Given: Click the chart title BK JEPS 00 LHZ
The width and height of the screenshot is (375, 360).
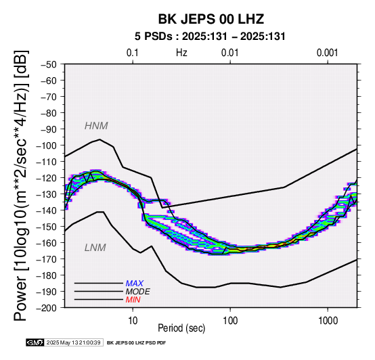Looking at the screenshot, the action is coord(211,19).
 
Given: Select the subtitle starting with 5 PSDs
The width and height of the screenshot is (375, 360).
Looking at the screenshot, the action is coord(210,37).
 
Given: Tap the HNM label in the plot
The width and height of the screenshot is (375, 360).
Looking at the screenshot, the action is coord(96,126).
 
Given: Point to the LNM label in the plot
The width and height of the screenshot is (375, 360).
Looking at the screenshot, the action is coord(95,248).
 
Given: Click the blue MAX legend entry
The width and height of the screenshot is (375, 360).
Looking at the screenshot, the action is coord(135,284).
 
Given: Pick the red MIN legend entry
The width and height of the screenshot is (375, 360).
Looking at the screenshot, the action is coord(133,300).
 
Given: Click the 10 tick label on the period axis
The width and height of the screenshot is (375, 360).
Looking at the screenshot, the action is coord(133,321).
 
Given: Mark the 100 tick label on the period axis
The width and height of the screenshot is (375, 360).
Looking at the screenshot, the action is coord(230,321).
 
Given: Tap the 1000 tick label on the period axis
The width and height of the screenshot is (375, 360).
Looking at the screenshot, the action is coord(328,321).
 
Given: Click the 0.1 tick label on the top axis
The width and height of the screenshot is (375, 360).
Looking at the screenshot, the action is coord(133,53).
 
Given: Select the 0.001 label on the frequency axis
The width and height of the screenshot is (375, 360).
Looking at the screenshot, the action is coord(328,53).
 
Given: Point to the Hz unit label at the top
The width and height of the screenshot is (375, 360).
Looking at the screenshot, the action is coord(181,53).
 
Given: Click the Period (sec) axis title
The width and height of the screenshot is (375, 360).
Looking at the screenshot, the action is coord(181,328).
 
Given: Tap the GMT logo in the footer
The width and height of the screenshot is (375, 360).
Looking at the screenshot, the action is coord(35,343).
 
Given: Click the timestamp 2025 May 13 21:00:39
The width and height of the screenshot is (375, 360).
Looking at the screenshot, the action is coord(73,343).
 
